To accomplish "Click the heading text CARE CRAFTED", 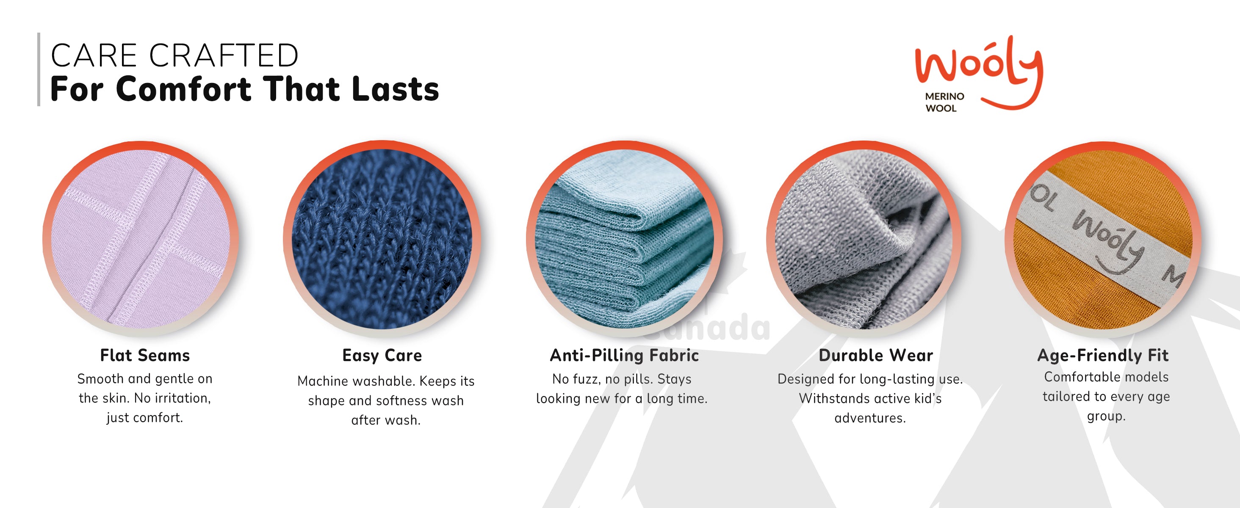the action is pos(174,55).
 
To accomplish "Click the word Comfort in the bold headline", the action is pos(183,89).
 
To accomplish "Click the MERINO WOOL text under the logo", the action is pos(944,102).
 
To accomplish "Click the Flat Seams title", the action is pos(145,356).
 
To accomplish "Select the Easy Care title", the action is pos(382,356).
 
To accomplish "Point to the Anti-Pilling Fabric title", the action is pos(624,356).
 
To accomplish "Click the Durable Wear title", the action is pos(876,356).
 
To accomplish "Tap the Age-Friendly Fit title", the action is pos(1103,356).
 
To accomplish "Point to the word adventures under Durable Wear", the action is pos(870,418).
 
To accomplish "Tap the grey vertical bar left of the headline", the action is pos(39,69).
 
